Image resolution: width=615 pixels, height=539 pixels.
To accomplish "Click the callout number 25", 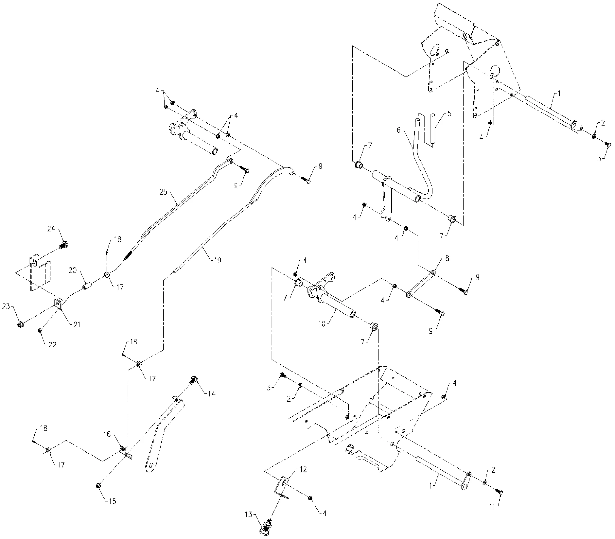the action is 163,192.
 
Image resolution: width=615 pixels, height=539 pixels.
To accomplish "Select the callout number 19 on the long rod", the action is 217,260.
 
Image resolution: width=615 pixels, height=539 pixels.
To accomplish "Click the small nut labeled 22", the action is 40,331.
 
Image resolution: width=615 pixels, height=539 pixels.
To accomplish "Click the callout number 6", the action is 399,130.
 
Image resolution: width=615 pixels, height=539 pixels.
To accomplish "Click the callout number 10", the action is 322,324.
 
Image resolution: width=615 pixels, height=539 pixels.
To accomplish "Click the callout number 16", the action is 107,434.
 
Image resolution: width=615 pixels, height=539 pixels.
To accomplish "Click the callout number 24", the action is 51,229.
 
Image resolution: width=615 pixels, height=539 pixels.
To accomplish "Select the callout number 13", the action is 248,515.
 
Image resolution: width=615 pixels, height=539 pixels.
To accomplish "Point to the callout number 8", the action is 447,258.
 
